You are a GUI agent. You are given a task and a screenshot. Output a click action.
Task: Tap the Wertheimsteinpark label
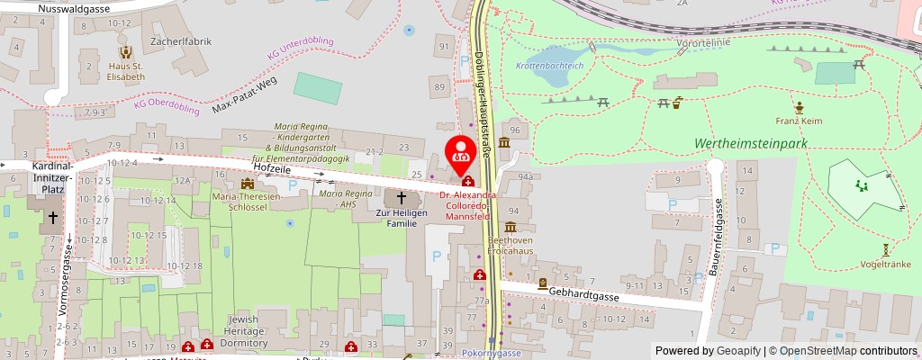(749, 144)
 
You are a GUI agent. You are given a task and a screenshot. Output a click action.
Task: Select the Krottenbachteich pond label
(549, 66)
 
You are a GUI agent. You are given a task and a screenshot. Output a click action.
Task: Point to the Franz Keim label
(799, 121)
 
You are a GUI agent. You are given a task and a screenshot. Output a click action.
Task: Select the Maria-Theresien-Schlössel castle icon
(247, 184)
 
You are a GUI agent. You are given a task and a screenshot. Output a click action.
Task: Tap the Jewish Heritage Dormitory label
(243, 330)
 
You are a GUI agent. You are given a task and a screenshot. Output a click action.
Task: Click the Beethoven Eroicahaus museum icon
(510, 228)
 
